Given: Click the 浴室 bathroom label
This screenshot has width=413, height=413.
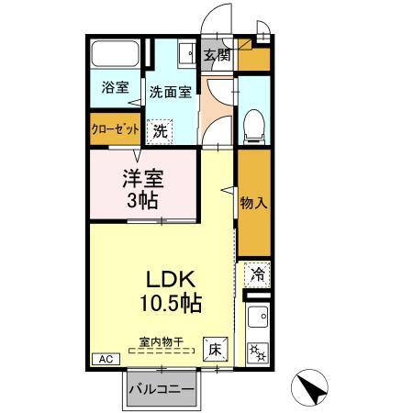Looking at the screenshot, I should (x=114, y=88).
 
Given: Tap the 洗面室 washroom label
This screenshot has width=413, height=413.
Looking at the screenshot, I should (x=170, y=92).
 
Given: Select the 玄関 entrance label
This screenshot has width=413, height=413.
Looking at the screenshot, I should (x=218, y=56).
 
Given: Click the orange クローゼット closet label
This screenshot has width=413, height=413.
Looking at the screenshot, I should (x=114, y=129).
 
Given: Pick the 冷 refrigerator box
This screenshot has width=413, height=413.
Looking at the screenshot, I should (x=257, y=273).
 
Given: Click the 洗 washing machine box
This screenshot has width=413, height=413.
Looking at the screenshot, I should (x=161, y=130).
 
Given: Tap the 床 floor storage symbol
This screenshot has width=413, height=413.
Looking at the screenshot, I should (x=214, y=349).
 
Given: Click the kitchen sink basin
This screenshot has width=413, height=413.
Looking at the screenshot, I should (x=257, y=320).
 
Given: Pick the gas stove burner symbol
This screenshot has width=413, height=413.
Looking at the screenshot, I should (x=256, y=351).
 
